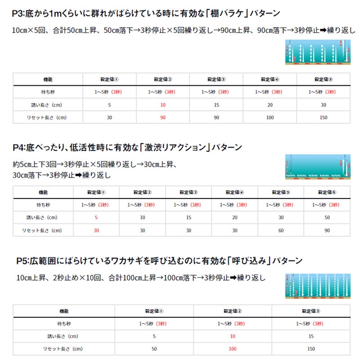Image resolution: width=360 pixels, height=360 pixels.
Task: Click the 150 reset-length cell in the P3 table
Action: click(x=323, y=117)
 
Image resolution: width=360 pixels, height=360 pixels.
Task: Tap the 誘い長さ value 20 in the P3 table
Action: click(x=269, y=105)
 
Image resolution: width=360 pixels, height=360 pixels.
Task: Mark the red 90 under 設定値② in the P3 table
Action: click(x=163, y=117)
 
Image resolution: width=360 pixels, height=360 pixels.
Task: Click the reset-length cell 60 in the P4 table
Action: click(x=281, y=230)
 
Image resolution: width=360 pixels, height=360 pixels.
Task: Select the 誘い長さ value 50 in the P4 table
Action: click(x=327, y=218)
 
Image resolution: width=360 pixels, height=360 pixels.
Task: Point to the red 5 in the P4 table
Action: click(x=96, y=218)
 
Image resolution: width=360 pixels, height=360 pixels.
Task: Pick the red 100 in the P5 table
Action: click(x=232, y=349)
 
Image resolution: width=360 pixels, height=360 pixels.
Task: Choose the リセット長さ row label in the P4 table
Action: click(x=44, y=230)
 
